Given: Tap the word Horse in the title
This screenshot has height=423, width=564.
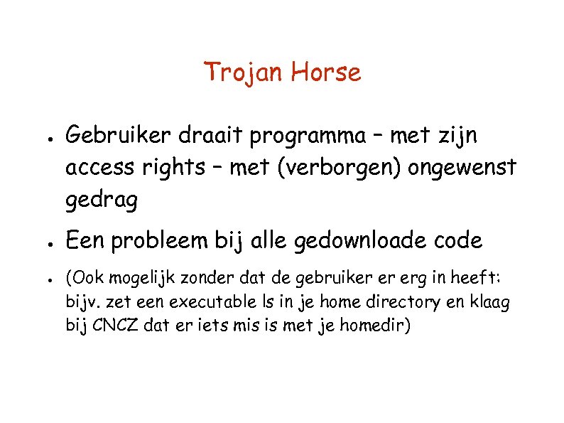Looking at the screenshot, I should (327, 72).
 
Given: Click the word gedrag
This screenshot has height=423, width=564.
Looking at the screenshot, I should (102, 203).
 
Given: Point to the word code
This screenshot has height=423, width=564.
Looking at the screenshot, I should (457, 241).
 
